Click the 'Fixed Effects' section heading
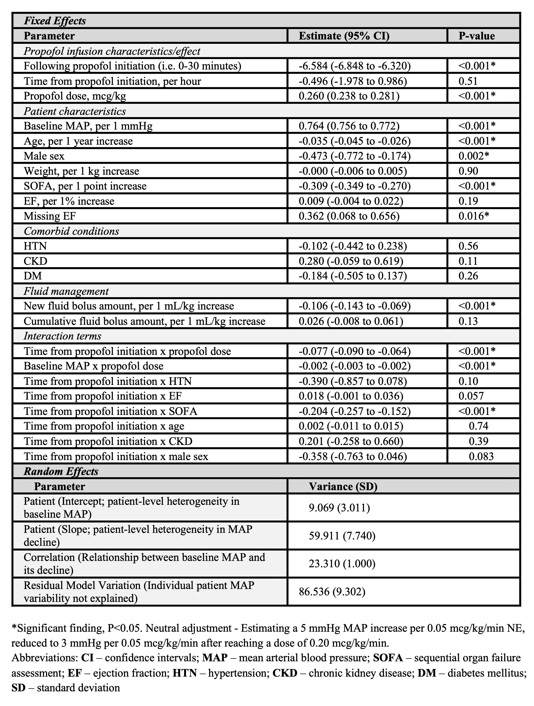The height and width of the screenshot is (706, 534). [55, 21]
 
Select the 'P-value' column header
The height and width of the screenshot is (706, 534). [477, 36]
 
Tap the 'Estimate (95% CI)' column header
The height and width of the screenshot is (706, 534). [344, 36]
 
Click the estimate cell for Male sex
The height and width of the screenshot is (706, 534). [354, 156]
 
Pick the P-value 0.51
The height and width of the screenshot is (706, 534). [468, 81]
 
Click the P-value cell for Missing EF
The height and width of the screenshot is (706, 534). [474, 216]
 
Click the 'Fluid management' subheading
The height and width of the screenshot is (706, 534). [66, 291]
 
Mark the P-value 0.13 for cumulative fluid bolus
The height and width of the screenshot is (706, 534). [468, 321]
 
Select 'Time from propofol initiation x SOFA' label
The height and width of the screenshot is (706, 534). [110, 411]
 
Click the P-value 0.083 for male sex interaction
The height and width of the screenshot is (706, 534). [481, 456]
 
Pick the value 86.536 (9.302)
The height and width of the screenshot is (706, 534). [332, 592]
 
